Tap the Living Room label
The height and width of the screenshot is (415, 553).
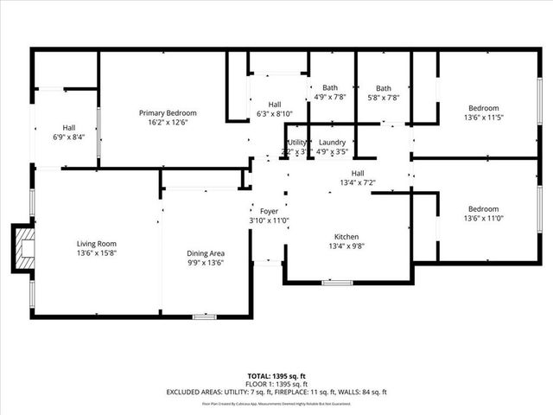[96, 244]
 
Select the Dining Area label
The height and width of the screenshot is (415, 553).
[206, 253]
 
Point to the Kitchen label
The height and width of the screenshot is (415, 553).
[346, 237]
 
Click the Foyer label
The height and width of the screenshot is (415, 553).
[269, 211]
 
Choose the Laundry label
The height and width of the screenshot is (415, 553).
[332, 143]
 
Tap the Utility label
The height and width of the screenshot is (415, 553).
[297, 143]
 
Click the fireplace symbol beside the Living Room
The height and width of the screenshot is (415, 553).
[23, 250]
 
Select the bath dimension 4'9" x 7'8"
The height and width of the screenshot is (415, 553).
[329, 98]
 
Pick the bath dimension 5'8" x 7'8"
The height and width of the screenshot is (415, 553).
[383, 98]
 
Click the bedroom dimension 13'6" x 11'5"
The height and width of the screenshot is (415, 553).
[483, 118]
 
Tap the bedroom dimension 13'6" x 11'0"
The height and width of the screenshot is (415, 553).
[483, 219]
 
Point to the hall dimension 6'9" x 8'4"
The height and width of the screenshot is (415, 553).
[68, 137]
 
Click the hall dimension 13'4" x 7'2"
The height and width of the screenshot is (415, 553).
[357, 182]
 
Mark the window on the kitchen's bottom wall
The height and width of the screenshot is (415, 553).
[338, 282]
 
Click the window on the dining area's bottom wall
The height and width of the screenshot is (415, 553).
[204, 317]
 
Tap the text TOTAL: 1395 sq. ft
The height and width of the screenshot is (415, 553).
[276, 376]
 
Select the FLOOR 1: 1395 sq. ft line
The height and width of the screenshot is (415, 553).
[276, 384]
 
